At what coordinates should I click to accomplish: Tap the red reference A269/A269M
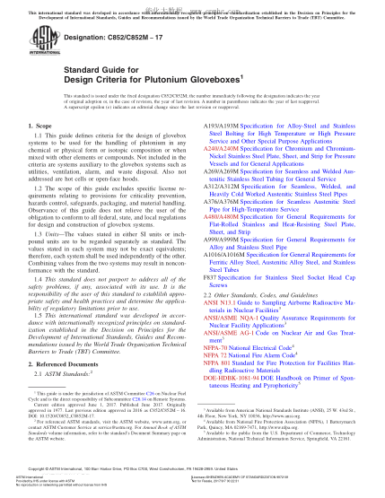(x=219, y=194)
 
